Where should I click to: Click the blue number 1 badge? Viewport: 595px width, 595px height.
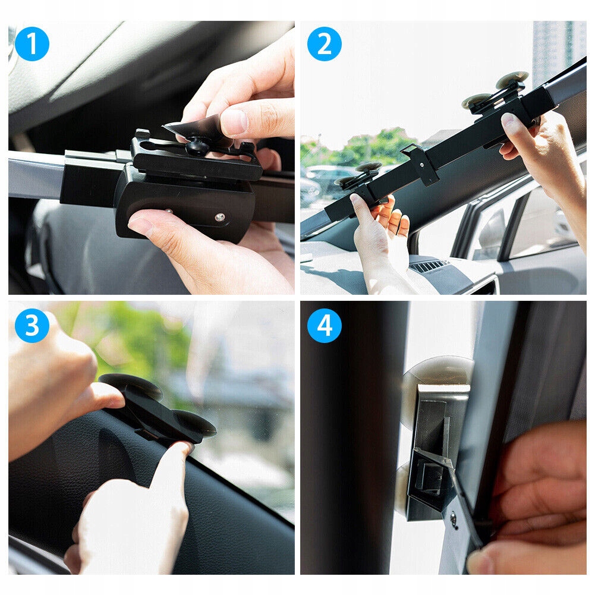32,44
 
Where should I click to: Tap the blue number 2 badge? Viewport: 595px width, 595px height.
325,44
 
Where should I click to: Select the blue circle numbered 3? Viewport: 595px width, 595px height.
32,326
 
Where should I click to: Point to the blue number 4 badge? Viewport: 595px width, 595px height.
325,326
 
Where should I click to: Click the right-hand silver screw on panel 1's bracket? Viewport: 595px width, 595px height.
220,217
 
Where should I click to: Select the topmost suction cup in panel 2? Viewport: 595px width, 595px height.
512,80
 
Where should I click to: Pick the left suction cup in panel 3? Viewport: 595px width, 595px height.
131,386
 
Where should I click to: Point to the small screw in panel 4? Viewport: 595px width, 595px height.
454,515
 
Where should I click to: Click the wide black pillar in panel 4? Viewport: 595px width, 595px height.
353,437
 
